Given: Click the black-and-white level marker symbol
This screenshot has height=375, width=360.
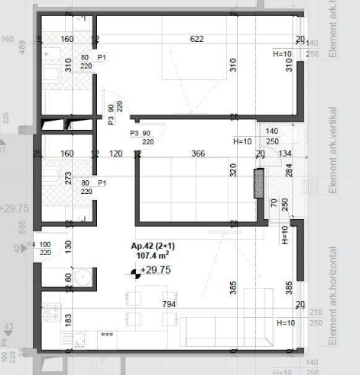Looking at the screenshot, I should tap(135, 271).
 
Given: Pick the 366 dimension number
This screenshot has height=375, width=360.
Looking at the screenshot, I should tap(198, 154).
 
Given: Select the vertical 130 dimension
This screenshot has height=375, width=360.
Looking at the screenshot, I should tap(69, 246).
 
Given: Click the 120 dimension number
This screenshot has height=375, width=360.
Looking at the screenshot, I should tap(116, 154).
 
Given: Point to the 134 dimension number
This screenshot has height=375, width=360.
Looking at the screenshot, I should tap(285, 154).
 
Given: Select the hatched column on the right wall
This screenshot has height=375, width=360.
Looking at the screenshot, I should tap(258, 183).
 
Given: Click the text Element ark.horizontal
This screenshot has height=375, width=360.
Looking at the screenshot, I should tap(332, 295).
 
